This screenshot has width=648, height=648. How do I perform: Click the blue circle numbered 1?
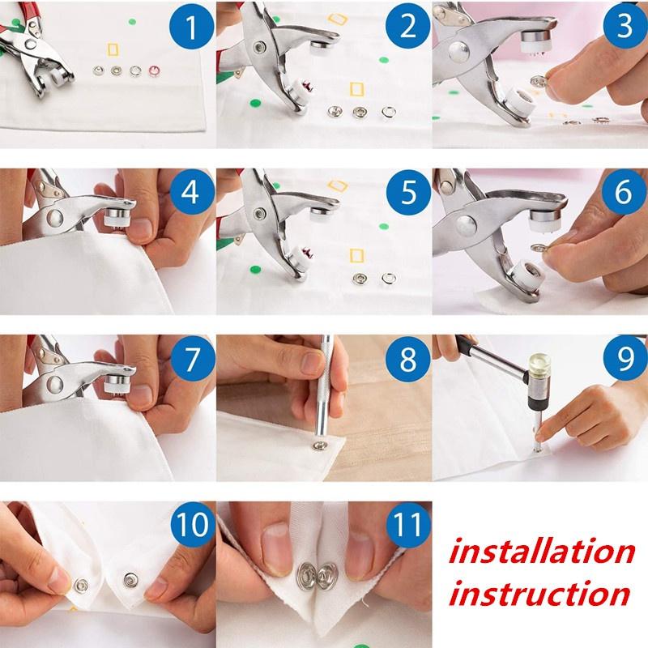185,28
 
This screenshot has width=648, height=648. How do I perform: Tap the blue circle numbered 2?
402,28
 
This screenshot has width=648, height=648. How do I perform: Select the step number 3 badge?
619,28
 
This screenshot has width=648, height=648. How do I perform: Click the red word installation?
541,552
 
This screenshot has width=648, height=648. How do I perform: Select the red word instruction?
539,593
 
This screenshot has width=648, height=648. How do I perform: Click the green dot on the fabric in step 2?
258,103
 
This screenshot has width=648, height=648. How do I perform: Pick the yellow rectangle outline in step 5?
354,256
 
